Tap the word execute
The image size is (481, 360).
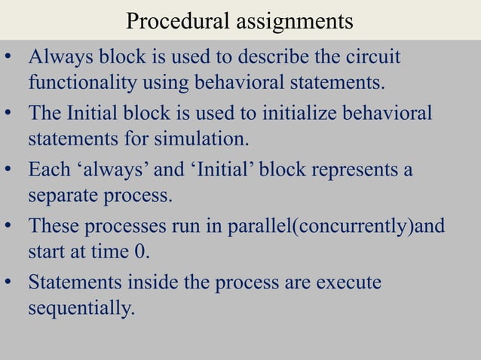[343, 283]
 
